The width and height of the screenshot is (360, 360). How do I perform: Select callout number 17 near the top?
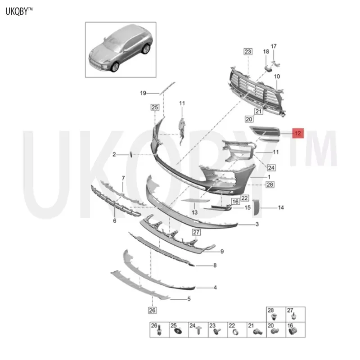(274, 46)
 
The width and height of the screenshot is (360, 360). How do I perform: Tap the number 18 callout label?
(265, 52)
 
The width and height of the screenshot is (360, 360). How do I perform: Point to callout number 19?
(143, 93)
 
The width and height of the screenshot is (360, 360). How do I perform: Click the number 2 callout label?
(114, 154)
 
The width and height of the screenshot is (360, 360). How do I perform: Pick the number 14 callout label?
(281, 208)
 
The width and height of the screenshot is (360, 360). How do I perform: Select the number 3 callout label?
(256, 224)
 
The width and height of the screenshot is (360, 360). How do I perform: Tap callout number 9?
(222, 251)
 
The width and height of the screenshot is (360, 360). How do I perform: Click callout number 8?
(215, 265)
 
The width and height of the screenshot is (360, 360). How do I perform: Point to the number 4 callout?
(216, 287)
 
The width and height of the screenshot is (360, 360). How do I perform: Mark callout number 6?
(115, 220)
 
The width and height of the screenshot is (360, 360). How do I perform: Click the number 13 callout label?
(195, 212)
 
